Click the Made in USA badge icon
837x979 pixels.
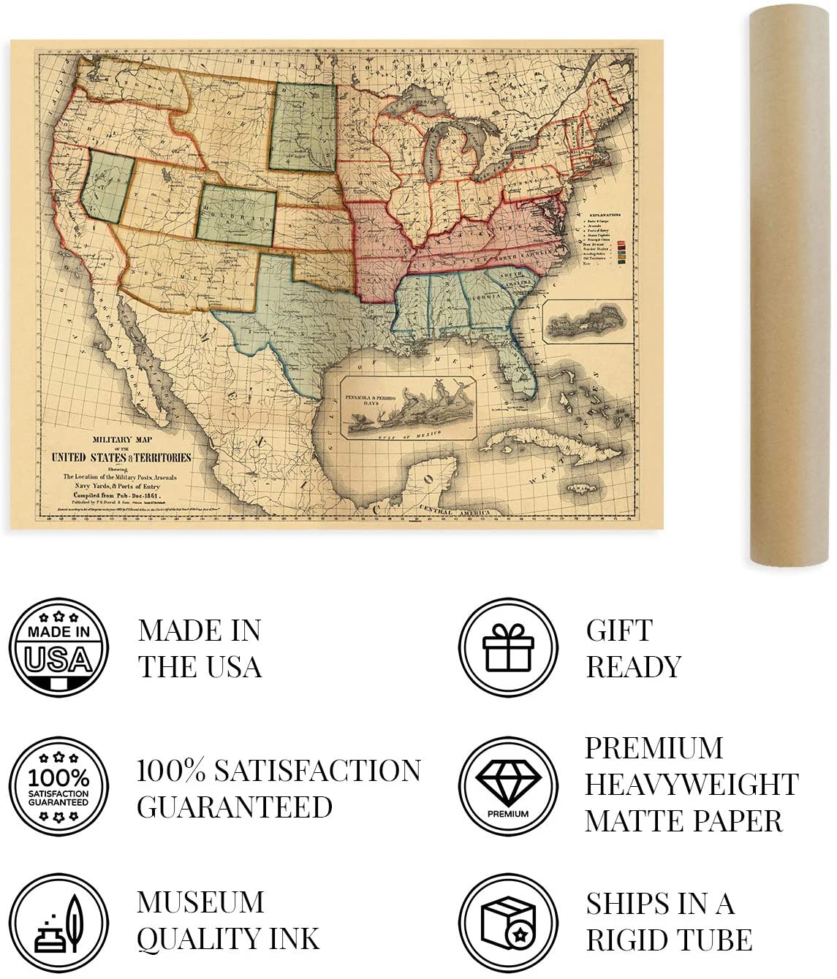tap(58, 647)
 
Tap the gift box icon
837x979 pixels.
tap(508, 647)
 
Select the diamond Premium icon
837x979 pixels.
tap(508, 786)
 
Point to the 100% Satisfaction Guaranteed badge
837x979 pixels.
tap(58, 786)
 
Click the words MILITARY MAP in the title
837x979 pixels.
tap(121, 440)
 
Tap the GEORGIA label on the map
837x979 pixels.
tap(485, 298)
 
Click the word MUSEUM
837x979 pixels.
tap(200, 902)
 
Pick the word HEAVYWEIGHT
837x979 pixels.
tap(691, 784)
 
